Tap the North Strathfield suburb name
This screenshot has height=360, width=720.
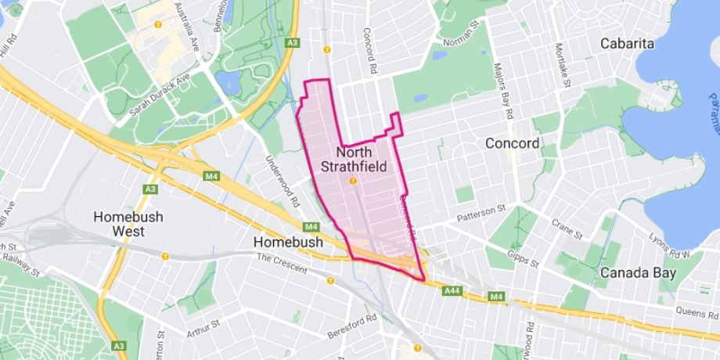(353, 159)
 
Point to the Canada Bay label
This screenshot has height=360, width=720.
(637, 272)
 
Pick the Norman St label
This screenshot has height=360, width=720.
(460, 37)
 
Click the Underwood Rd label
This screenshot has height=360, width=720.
(283, 179)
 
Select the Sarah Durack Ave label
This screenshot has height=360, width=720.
(160, 96)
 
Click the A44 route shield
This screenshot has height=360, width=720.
(452, 290)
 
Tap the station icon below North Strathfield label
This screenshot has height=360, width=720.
(353, 181)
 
